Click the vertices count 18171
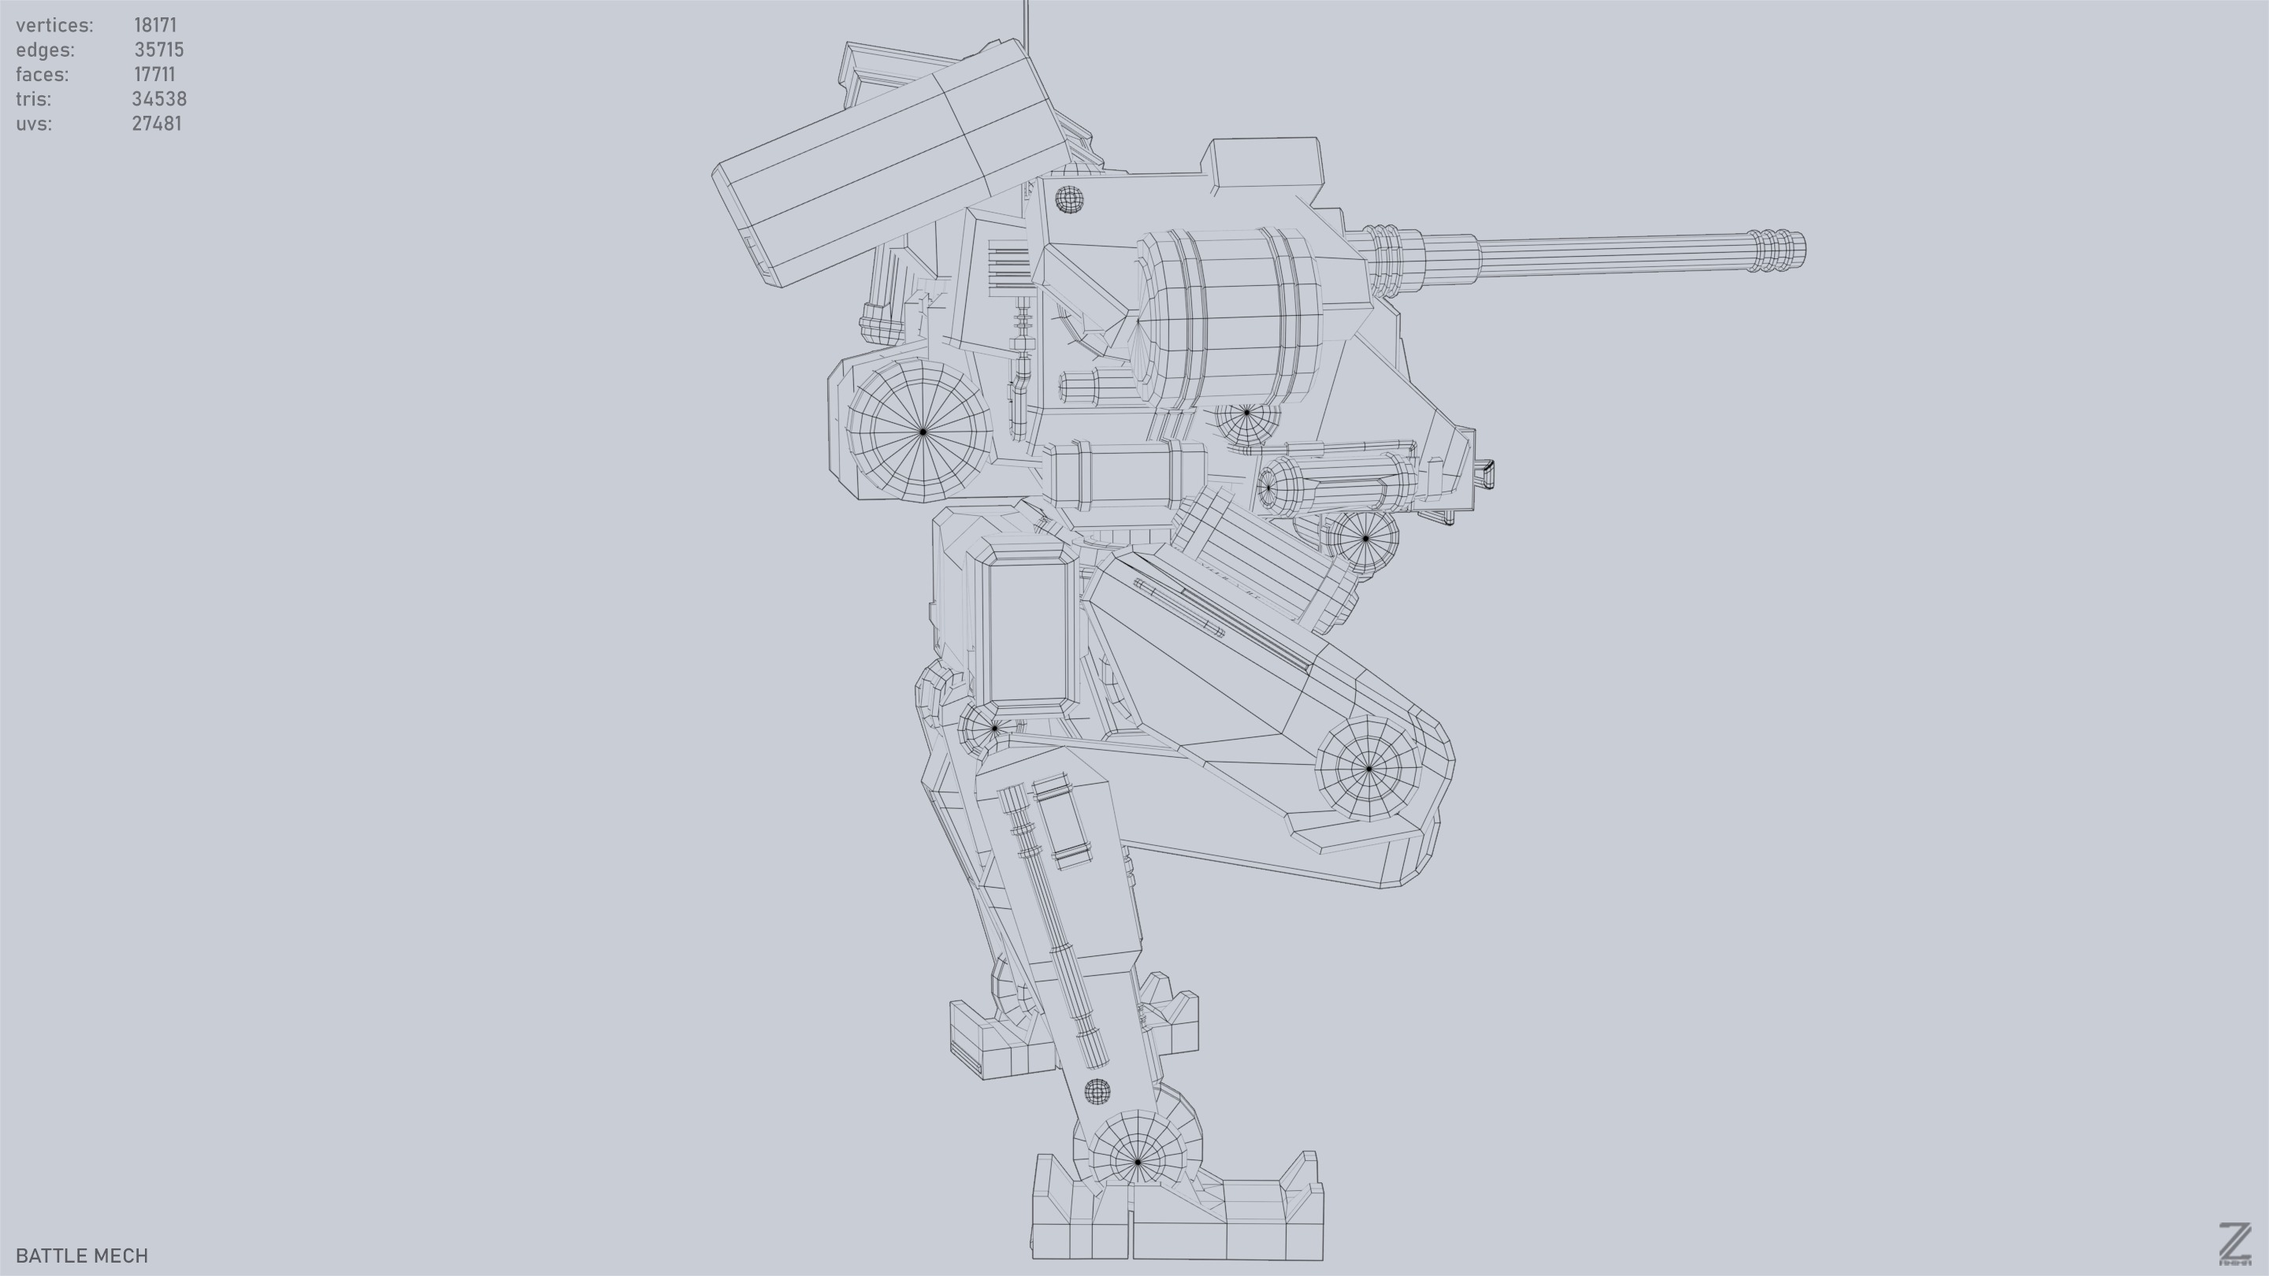point(155,25)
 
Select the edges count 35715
point(158,50)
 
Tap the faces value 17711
point(154,75)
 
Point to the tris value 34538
point(158,99)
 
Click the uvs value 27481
point(156,124)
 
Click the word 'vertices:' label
point(54,25)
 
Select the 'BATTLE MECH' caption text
point(82,1256)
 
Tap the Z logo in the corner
point(2234,1244)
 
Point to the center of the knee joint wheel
point(1368,769)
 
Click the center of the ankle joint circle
point(1137,1163)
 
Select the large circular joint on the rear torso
point(923,432)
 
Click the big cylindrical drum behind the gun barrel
point(1233,315)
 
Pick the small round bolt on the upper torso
point(1068,199)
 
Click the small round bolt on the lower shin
point(1097,1092)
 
